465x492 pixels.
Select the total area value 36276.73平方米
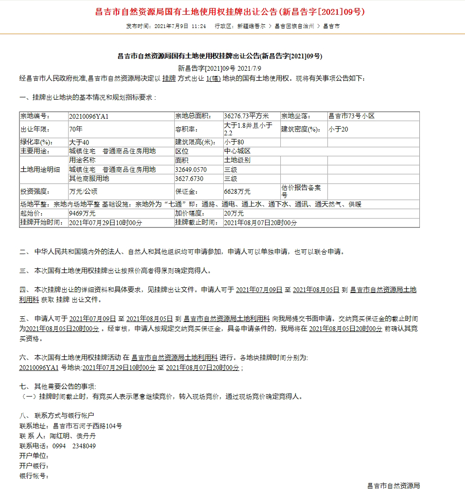[x=247, y=116]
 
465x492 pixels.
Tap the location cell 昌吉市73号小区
[x=351, y=116]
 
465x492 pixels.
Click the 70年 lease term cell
[x=76, y=129]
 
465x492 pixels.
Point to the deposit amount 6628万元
[x=237, y=191]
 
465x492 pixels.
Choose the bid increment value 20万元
[x=233, y=214]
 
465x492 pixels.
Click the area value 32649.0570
[x=191, y=170]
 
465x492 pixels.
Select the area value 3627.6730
[x=189, y=179]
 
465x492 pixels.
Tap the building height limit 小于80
[x=234, y=142]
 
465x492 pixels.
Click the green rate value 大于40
[x=79, y=142]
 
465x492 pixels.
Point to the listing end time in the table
[x=260, y=222]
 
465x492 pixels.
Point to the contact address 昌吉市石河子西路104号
[x=87, y=426]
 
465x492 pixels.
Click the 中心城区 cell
[x=237, y=151]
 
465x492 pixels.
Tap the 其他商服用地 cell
[x=89, y=179]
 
